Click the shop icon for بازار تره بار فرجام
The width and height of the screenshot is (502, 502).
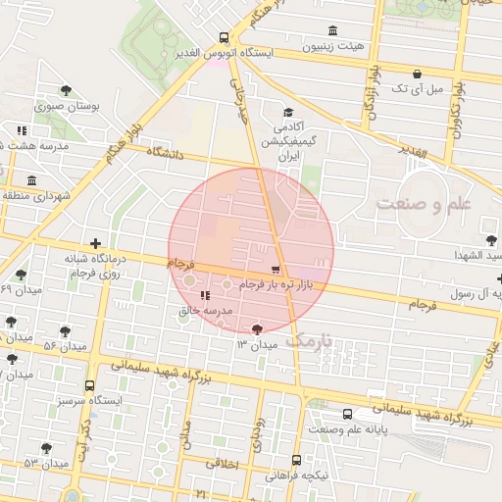pos(275,269)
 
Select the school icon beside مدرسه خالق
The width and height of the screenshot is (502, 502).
pos(205,295)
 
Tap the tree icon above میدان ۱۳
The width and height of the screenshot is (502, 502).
pos(258,329)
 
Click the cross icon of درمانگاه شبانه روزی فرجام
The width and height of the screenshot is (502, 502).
pos(95,243)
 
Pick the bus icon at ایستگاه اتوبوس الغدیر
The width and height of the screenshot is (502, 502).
pos(225,37)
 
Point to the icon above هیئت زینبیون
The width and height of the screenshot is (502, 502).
pos(333,29)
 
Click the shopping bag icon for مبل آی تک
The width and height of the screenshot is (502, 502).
pos(418,74)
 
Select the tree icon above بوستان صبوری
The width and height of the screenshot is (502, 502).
pos(66,90)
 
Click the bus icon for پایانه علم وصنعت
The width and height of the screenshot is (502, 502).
pos(348,415)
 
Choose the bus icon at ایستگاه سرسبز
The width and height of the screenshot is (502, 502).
pos(90,386)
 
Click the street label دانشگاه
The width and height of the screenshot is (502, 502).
pos(168,153)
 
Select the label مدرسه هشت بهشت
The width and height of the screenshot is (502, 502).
pos(40,145)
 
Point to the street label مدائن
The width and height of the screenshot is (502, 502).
pos(185,434)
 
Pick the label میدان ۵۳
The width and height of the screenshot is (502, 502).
pos(43,462)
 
